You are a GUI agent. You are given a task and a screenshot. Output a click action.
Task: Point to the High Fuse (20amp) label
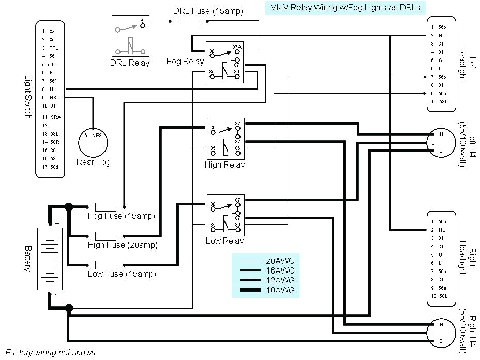pyautogui.click(x=122, y=245)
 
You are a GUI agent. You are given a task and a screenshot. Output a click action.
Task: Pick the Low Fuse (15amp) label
pyautogui.click(x=122, y=274)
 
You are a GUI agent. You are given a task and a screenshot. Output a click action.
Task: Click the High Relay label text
pyautogui.click(x=224, y=165)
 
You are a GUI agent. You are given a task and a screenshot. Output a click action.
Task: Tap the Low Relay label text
pyautogui.click(x=224, y=241)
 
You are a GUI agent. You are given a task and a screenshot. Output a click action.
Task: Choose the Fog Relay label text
pyautogui.click(x=185, y=61)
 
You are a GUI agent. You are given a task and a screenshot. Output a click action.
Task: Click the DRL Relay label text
pyautogui.click(x=130, y=63)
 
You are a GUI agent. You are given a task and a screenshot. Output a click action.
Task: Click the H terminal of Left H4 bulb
pyautogui.click(x=441, y=134)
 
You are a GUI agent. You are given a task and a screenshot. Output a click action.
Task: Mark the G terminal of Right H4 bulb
pyautogui.click(x=441, y=342)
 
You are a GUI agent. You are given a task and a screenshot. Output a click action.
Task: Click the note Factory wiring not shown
pyautogui.click(x=51, y=352)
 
